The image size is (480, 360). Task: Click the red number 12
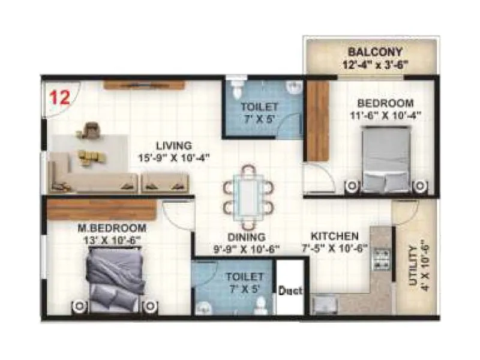[59, 98]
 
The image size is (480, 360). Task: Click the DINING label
[246, 237]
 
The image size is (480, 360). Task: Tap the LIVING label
[174, 145]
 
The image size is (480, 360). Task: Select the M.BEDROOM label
[113, 228]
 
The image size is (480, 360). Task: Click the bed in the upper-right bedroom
[387, 161]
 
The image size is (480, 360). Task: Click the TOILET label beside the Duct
[245, 277]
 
